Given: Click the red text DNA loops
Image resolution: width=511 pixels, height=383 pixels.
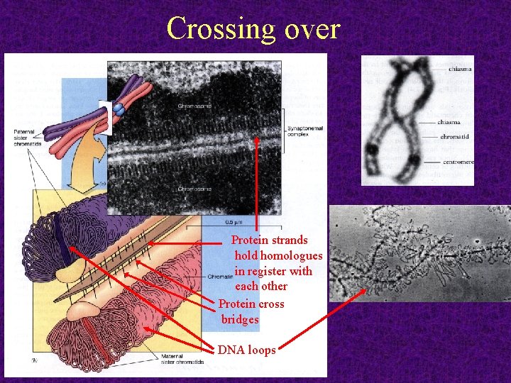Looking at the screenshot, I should click(247, 350).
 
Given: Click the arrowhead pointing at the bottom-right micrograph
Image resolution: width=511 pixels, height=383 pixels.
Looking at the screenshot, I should click(366, 290).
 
